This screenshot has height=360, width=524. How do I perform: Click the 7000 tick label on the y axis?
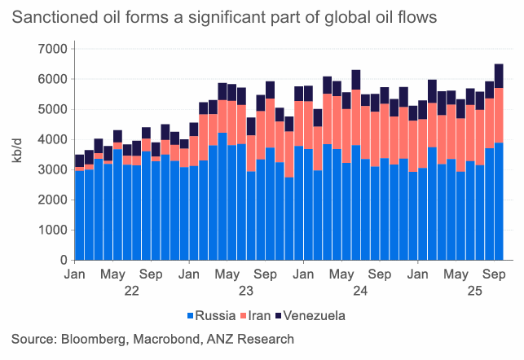[x=51, y=49]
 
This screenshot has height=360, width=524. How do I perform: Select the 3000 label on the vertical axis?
[x=51, y=170]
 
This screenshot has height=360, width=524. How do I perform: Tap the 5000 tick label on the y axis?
[x=51, y=109]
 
